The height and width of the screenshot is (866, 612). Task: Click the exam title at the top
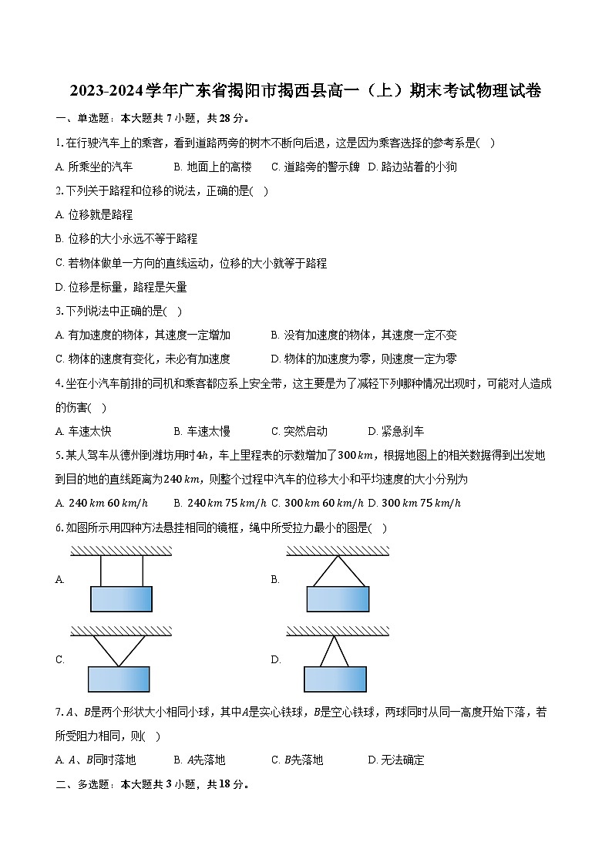tap(305, 92)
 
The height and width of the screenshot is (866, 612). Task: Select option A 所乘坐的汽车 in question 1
tap(94, 167)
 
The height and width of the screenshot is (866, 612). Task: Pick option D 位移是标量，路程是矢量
tap(121, 288)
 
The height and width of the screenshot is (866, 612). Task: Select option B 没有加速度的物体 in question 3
tap(364, 335)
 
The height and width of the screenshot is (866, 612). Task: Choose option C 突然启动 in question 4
tap(299, 431)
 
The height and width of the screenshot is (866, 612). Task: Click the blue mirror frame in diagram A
tap(121, 599)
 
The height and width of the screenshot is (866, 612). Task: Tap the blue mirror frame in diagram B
tap(338, 599)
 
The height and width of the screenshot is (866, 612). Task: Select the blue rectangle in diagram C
tap(118, 679)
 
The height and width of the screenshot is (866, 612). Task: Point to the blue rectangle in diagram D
tap(335, 679)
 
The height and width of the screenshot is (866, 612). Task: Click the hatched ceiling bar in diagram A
tap(122, 551)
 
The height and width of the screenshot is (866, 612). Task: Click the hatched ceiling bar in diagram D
tap(338, 632)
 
